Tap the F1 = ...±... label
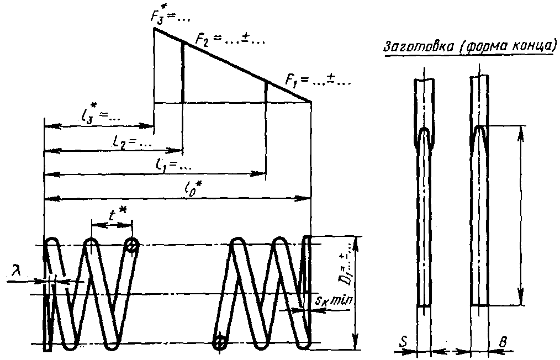318,80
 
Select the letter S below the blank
405,345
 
